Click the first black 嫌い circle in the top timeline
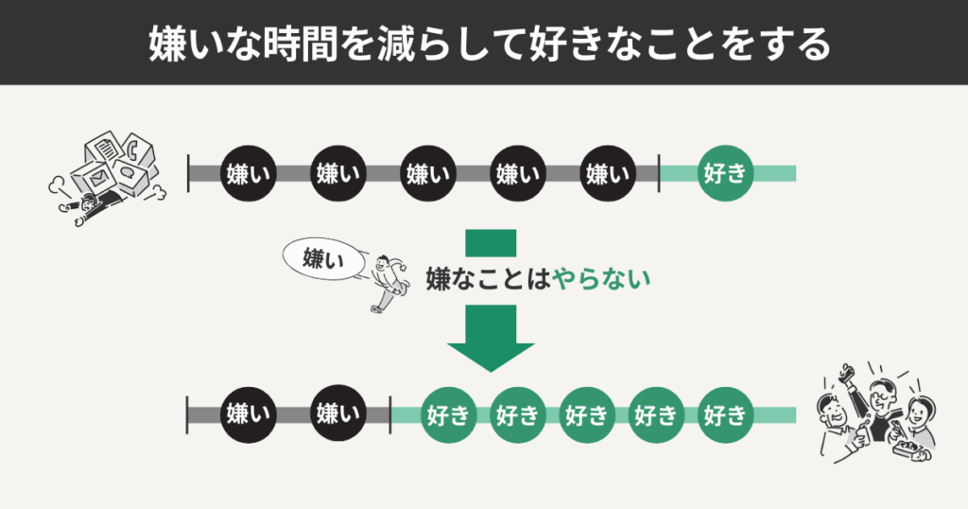[247, 173]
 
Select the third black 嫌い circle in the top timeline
[427, 173]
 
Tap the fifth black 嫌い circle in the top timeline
[607, 173]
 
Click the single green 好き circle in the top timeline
[724, 173]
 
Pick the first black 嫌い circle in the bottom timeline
[247, 414]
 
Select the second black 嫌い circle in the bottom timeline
[337, 414]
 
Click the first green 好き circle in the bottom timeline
[449, 414]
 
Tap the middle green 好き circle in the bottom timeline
[586, 414]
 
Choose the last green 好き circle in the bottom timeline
[724, 414]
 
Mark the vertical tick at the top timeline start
[189, 173]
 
